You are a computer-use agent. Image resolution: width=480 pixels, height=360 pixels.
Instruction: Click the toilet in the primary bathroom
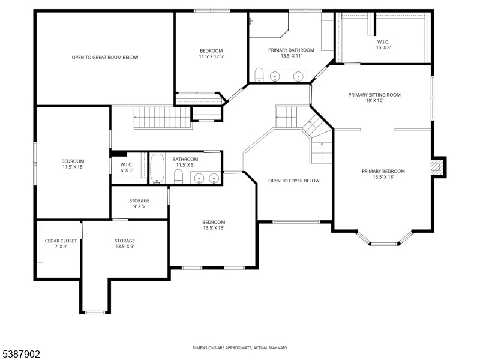coord(259,75)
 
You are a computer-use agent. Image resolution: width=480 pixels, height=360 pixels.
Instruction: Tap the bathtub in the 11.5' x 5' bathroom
coord(157,169)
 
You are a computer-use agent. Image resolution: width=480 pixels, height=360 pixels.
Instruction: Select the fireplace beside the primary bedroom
coord(437,167)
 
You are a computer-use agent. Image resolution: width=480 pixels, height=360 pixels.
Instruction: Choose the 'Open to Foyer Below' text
coord(294,181)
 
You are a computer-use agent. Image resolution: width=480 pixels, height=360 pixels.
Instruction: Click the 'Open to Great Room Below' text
coord(105,57)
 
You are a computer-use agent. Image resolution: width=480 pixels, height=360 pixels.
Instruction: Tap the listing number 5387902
coord(20,354)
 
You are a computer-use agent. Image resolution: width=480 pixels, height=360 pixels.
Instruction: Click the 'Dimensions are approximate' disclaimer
coord(239,348)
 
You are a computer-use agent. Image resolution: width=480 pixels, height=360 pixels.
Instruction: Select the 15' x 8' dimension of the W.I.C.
coord(383,47)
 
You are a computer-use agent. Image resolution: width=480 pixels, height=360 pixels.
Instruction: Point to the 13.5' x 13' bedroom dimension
coord(214,228)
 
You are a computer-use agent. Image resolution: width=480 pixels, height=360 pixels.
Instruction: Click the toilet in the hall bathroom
coord(178,176)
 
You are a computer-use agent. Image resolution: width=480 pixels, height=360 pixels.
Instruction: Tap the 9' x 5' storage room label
coord(139,203)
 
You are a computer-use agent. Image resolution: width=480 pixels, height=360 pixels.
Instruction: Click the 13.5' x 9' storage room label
coord(125,244)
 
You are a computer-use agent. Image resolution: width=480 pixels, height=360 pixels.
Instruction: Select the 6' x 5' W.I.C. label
coord(127,167)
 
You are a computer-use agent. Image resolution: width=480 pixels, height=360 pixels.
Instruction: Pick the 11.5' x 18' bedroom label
coord(73,164)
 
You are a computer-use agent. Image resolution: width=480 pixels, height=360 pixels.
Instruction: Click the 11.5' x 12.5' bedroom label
coord(211,53)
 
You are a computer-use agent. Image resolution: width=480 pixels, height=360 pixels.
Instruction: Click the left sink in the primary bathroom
coord(275,76)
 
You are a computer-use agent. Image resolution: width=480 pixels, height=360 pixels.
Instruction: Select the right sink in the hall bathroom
coord(214,178)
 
